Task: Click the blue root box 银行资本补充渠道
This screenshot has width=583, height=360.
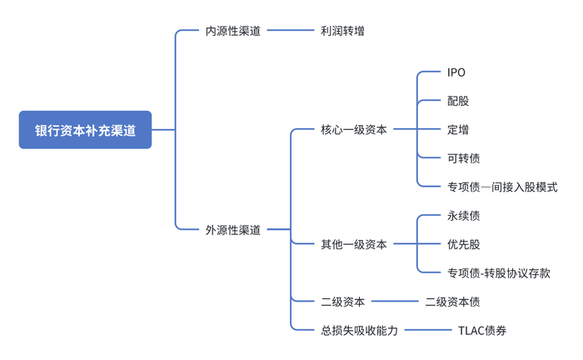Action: [x=85, y=130]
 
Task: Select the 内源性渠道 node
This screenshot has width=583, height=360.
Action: [x=233, y=31]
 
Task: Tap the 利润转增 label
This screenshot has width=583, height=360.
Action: [x=341, y=31]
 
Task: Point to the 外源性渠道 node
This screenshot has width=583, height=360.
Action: [x=233, y=229]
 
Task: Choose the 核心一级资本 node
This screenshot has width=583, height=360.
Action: [x=353, y=130]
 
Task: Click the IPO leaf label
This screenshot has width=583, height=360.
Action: [x=456, y=72]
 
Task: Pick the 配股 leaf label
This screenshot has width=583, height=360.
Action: [x=458, y=101]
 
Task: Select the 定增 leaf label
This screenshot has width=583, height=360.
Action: [x=458, y=130]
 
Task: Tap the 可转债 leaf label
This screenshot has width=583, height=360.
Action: [x=463, y=158]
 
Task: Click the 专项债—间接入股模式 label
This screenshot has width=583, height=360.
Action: [x=501, y=187]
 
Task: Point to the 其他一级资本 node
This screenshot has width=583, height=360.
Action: [x=353, y=244]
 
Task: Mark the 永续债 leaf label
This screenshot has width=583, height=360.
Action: [x=463, y=216]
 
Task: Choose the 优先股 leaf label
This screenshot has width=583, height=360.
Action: [x=463, y=244]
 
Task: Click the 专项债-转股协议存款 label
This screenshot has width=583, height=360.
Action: [x=499, y=272]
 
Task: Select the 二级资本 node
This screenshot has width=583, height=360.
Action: [x=342, y=302]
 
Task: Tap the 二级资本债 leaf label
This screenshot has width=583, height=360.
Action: [x=452, y=302]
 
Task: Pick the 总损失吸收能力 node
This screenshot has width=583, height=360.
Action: [x=359, y=330]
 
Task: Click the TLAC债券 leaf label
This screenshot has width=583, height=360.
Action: [x=482, y=330]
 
